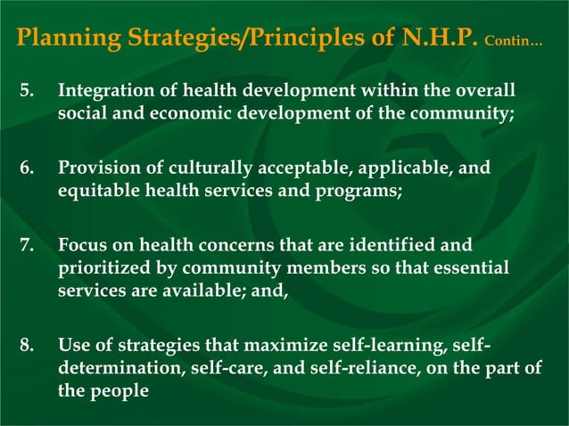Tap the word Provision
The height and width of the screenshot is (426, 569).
point(98,168)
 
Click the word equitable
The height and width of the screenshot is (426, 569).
point(99,189)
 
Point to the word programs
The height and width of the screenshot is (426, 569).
point(356,189)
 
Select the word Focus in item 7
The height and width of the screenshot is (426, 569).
point(83,243)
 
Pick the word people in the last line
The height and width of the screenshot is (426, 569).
point(119,389)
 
